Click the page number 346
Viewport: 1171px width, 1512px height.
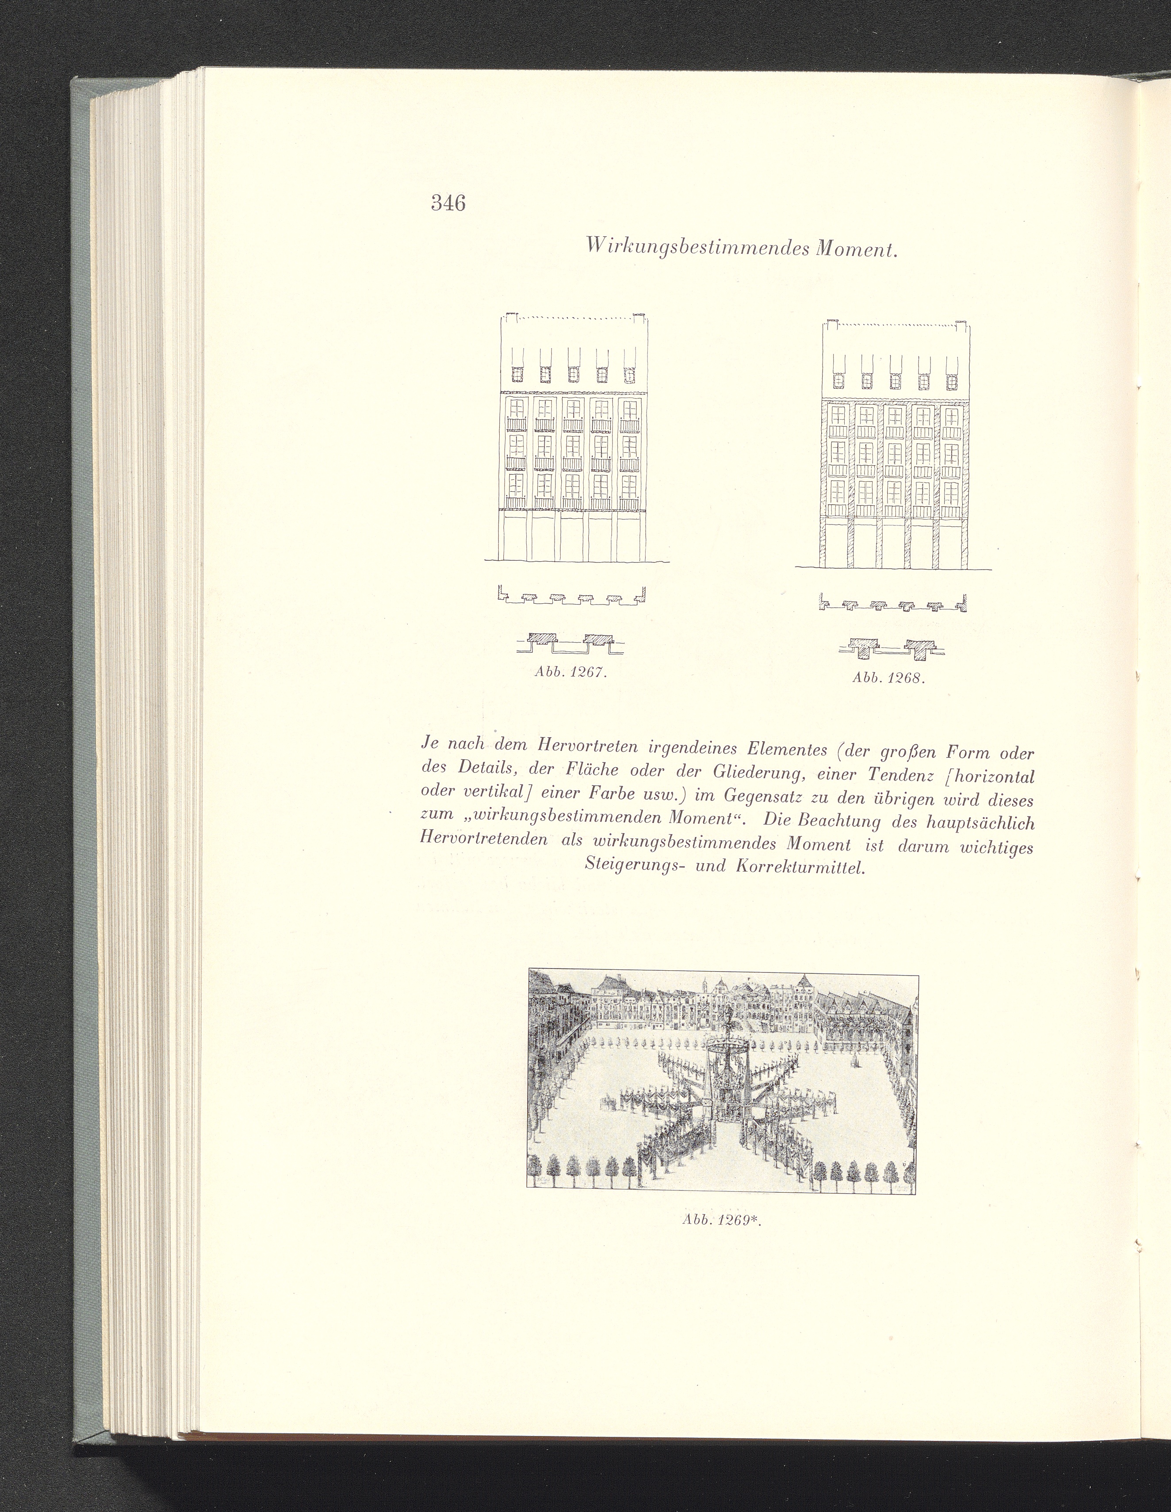pos(448,203)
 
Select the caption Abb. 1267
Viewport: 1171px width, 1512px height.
pos(570,672)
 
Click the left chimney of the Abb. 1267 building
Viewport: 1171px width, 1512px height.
pos(510,318)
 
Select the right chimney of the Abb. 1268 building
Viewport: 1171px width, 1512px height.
pos(961,324)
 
